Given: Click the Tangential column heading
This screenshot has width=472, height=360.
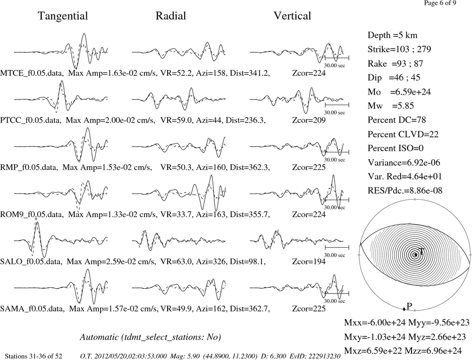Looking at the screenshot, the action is point(63,16).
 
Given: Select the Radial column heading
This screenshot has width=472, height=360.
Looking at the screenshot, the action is point(171,16).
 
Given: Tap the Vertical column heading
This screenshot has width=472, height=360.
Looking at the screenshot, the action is point(292,16).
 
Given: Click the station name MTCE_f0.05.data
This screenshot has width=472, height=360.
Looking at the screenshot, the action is point(32,73).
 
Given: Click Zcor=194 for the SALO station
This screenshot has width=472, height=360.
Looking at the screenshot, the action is point(309,261).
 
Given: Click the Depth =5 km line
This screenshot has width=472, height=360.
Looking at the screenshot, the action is point(393,35).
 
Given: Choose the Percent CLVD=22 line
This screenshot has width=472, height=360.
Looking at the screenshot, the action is point(403,134).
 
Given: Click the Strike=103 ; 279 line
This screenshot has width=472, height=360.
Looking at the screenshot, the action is point(399,49).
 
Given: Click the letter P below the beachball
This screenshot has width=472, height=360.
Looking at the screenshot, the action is point(409,306).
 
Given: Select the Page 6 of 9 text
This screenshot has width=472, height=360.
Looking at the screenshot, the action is point(440,3).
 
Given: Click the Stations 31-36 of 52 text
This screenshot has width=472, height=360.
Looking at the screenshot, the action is point(34,356).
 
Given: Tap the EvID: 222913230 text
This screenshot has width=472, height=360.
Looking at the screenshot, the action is point(315,356).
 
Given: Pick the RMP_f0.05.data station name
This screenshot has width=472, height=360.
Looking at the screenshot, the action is point(29,167).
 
